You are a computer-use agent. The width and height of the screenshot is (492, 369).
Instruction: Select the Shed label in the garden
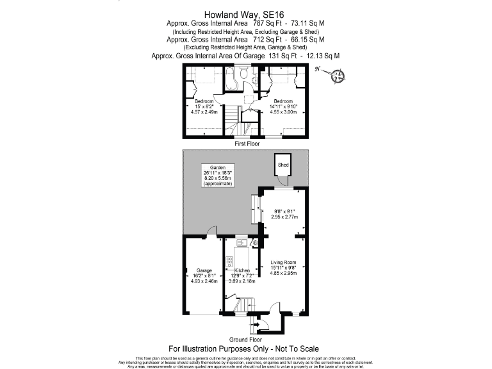[x=283, y=165]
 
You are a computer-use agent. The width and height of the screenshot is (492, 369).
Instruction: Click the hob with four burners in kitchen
[x=229, y=261]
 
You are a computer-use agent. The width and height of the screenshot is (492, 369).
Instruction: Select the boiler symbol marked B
[x=254, y=243]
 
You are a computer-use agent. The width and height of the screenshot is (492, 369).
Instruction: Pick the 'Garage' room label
[x=204, y=271]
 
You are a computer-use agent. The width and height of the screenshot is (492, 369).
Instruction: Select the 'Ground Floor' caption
[x=245, y=339]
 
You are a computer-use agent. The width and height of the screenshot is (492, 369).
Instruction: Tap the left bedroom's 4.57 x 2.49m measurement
[x=204, y=112]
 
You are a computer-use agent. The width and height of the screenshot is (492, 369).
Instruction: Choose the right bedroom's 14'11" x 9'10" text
[x=283, y=106]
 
